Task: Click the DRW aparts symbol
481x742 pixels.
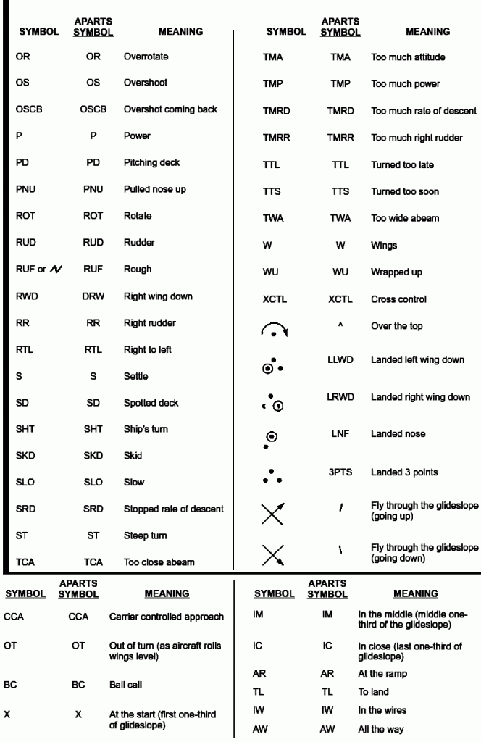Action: coord(93,296)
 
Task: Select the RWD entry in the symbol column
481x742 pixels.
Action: coord(27,296)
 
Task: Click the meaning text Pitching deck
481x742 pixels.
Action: coord(151,162)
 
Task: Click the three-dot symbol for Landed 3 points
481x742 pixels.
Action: coord(272,475)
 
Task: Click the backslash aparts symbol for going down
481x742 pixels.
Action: coord(340,551)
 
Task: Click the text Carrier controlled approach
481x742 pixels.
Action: coord(166,617)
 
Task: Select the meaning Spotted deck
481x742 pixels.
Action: coord(151,403)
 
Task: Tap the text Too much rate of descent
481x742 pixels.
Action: coord(424,111)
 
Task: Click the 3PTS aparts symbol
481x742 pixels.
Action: coord(340,472)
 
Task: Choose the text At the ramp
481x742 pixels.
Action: coord(382,673)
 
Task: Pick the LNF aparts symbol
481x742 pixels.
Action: coord(340,433)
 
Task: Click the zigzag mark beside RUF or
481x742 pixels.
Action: coord(56,270)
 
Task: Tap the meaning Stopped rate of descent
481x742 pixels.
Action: coord(173,509)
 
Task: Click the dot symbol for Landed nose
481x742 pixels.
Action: coord(272,438)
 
